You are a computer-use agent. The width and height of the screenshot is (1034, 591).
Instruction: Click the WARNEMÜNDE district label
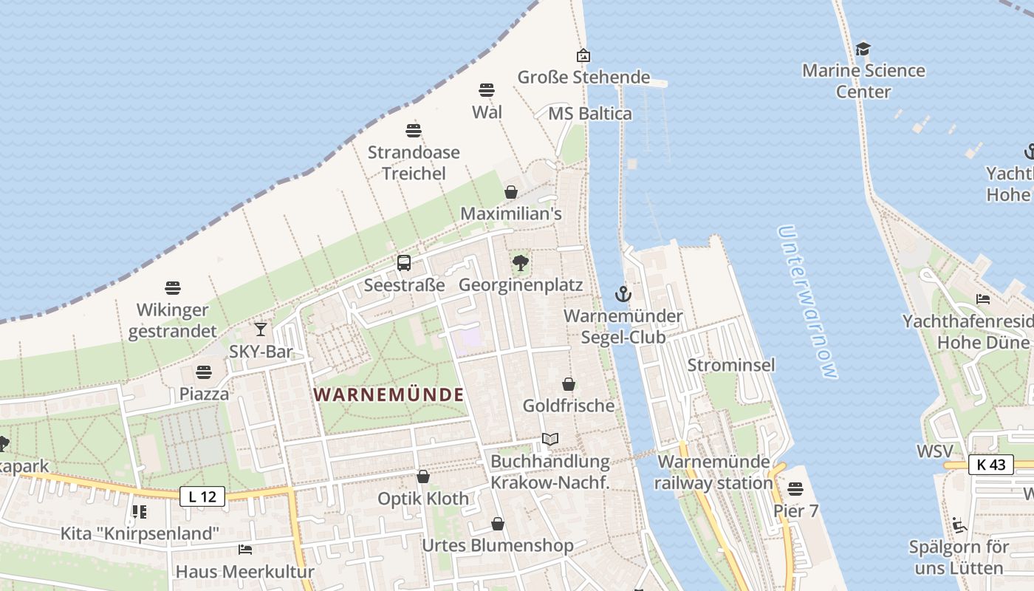pos(389,394)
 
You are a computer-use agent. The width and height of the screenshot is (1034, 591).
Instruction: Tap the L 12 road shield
pos(202,496)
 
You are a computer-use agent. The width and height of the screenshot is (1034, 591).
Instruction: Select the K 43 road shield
pos(990,465)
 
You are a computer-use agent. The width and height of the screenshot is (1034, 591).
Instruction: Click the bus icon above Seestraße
pos(404,262)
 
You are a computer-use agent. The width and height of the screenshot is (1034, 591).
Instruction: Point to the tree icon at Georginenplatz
pos(521,262)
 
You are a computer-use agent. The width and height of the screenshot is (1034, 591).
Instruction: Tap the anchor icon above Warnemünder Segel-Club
pos(623,294)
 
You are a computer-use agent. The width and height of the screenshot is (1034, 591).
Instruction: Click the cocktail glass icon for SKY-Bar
pos(261,329)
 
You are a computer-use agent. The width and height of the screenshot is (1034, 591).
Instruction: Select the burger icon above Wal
pos(487,90)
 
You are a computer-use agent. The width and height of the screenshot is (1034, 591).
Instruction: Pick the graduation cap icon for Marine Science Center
pos(863,49)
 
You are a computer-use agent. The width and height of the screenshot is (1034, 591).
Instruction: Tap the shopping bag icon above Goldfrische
pos(569,383)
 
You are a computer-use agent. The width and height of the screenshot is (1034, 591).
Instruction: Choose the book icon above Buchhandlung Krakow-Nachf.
pos(550,439)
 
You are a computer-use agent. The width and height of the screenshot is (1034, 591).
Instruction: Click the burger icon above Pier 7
pos(795,488)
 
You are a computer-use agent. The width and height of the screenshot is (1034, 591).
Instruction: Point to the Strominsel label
pos(731,365)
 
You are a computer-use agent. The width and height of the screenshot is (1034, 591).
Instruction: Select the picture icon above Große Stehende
pos(583,55)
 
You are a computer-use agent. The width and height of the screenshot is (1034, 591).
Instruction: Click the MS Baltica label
pos(590,114)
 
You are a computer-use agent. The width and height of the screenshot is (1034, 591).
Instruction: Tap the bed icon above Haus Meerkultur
pos(245,549)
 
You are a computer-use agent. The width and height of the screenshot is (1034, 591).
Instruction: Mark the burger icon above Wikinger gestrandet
pos(173,287)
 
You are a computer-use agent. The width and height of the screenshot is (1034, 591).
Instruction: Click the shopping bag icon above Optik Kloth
pos(423,476)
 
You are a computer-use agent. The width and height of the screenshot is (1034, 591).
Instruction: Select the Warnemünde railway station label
pos(714,472)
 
